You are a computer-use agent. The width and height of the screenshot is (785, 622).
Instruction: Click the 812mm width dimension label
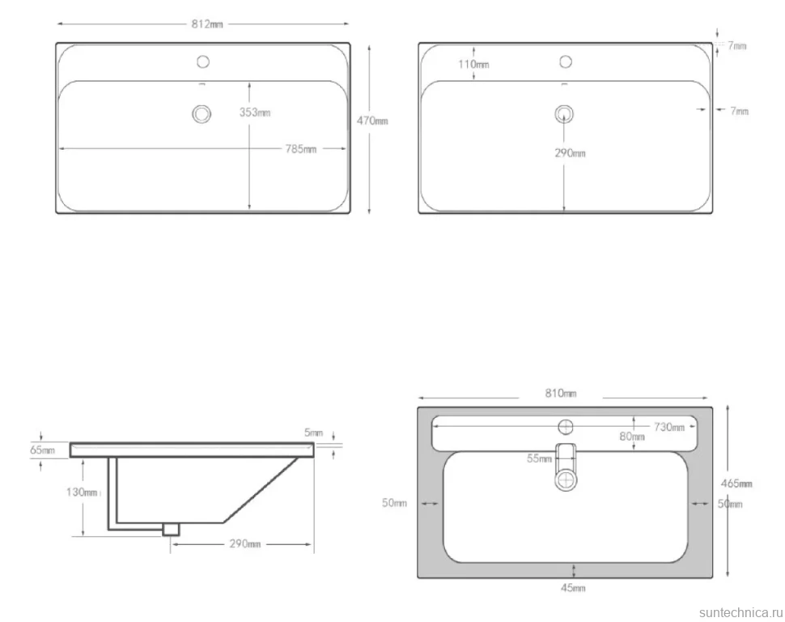[x=207, y=24]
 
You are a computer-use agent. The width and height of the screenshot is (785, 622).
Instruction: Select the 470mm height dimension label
[x=372, y=121]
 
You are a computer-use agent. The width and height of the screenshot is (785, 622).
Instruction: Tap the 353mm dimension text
[x=255, y=113]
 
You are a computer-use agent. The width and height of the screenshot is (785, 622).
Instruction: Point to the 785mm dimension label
[x=301, y=149]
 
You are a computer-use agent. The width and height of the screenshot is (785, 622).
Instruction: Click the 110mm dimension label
[x=473, y=64]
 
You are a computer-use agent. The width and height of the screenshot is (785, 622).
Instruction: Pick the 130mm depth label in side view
[x=82, y=492]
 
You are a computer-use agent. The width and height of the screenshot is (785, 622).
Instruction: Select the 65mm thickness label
[x=43, y=449]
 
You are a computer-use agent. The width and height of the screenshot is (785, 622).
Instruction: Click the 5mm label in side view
[x=314, y=432]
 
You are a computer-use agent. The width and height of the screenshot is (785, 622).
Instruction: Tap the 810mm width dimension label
[x=561, y=393]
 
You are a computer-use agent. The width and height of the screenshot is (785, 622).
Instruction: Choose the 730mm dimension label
[x=668, y=427]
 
